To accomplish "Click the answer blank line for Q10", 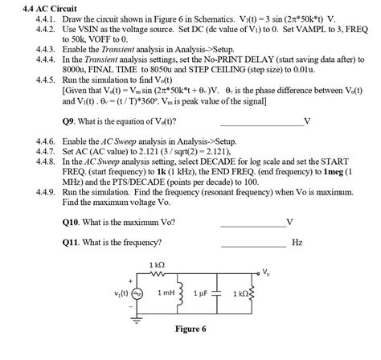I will coord(252,223).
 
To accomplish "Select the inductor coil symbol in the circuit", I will coord(190,293).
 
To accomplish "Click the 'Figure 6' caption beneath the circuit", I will coord(190,329).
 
